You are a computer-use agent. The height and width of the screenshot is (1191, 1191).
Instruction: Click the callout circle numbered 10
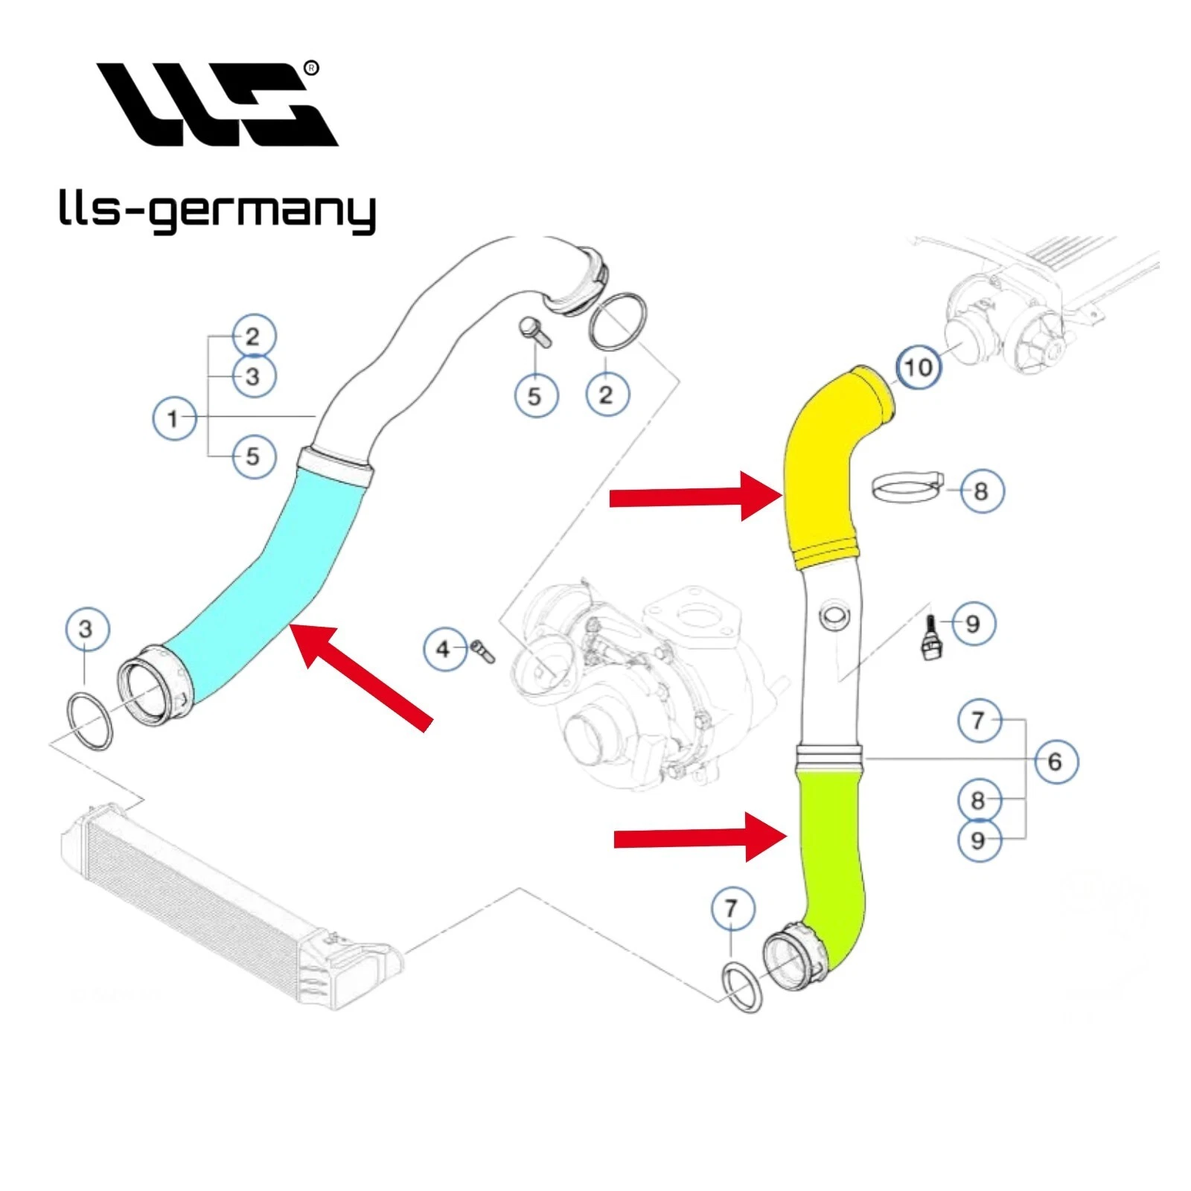(x=918, y=366)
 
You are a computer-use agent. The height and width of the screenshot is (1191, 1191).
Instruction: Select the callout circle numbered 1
(x=173, y=418)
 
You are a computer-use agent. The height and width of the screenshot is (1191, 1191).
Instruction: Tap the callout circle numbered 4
(x=444, y=649)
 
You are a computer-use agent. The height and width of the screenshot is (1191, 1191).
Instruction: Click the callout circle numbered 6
(x=1055, y=761)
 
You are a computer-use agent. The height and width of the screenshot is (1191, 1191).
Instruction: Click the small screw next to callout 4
(x=483, y=652)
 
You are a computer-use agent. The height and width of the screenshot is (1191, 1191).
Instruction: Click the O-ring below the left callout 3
(x=90, y=721)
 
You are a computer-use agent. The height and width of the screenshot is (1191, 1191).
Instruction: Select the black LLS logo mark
(x=216, y=104)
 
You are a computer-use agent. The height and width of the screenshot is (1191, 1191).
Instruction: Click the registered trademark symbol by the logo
(x=311, y=68)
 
